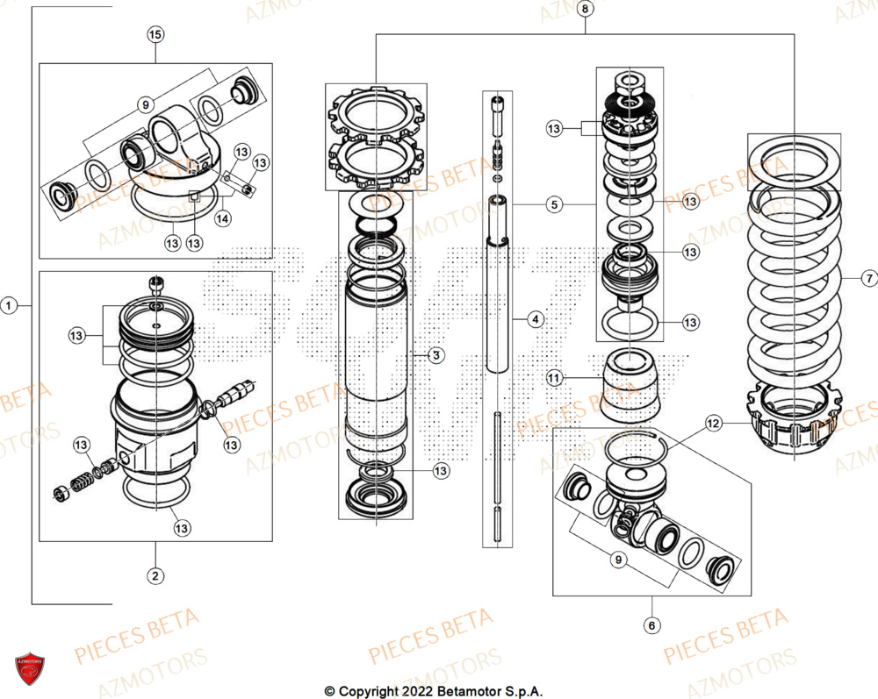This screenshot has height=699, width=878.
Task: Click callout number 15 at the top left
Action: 155,35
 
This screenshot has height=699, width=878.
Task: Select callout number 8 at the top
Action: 587,9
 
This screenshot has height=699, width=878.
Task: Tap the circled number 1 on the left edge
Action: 9,306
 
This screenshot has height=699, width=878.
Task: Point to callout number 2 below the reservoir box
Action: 155,576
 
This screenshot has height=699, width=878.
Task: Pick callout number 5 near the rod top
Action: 553,205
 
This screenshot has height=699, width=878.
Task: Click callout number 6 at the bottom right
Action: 652,625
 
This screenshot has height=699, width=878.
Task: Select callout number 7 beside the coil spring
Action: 868,279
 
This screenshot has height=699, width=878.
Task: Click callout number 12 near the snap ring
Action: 713,424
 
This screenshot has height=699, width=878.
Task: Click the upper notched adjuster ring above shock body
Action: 375,112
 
